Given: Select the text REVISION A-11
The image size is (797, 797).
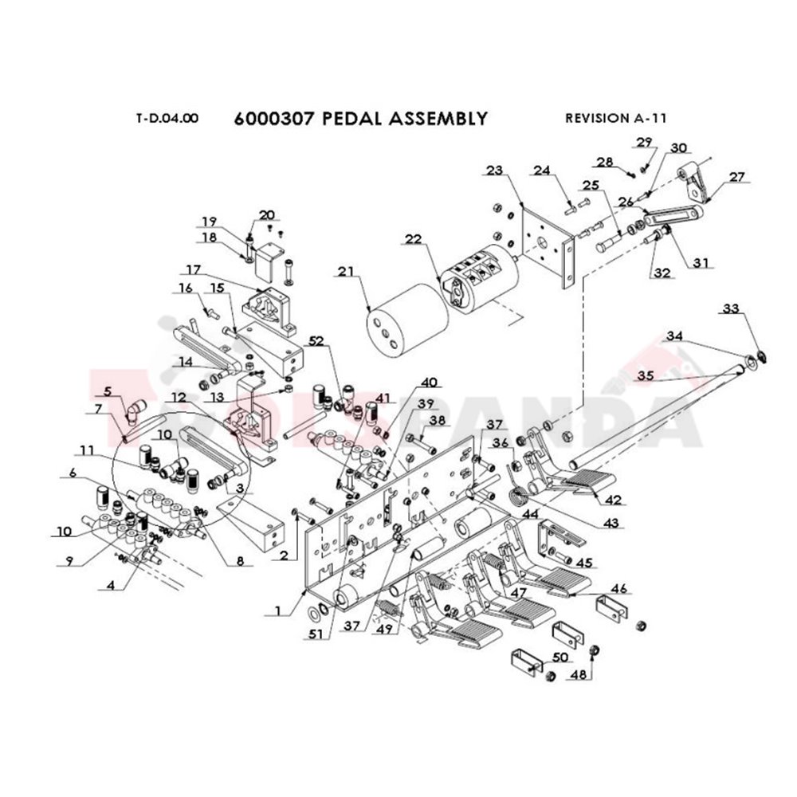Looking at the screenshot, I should (615, 118).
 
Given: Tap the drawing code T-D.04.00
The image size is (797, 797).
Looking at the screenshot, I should (167, 119).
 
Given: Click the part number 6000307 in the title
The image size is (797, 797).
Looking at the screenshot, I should (265, 119).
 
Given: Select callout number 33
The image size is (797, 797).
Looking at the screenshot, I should (731, 308).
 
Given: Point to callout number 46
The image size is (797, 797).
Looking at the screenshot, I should (619, 588).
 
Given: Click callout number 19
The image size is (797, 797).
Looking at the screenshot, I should (208, 222).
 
